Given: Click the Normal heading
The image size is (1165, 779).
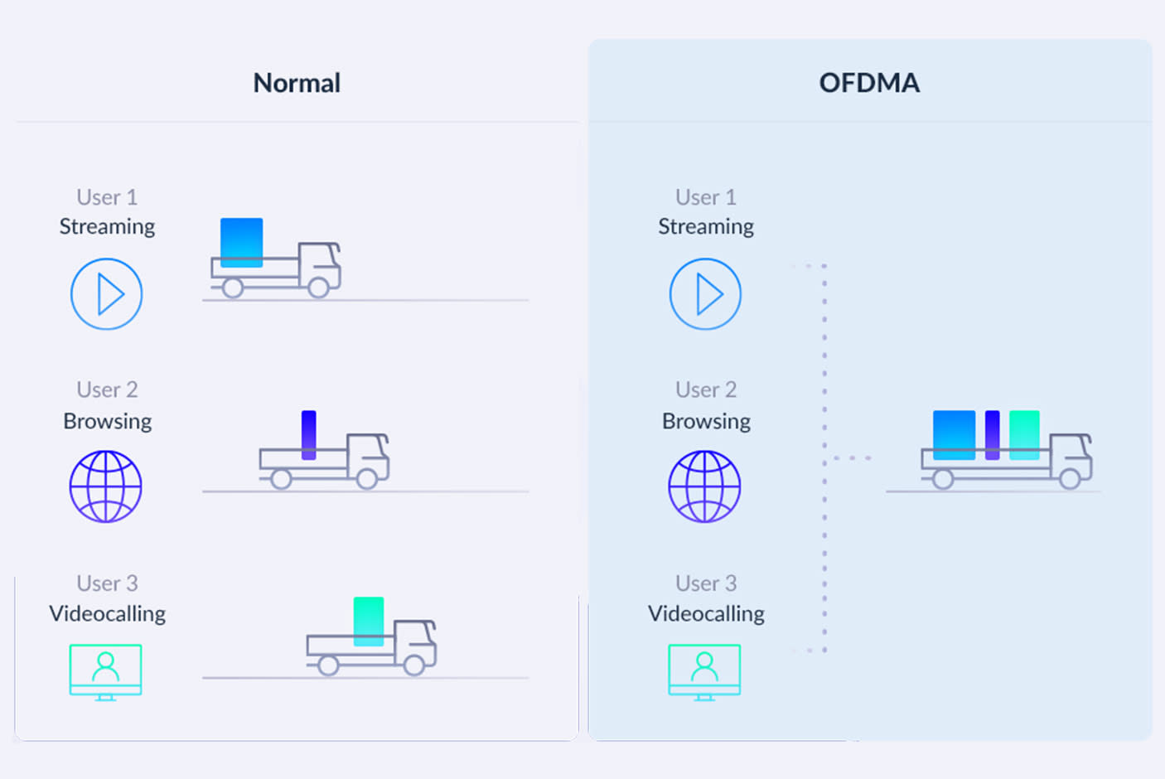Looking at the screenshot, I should [x=297, y=83].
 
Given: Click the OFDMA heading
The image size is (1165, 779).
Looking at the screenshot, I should [x=869, y=83].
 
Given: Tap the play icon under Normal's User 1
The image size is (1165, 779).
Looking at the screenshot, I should [x=107, y=294].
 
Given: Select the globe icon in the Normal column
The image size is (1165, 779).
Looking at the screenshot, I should [x=106, y=486].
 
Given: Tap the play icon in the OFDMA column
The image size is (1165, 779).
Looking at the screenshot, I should [x=705, y=294].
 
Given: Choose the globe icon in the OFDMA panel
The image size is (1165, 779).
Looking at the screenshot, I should [x=704, y=486].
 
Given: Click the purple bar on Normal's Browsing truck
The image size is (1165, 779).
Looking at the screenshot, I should [x=309, y=434].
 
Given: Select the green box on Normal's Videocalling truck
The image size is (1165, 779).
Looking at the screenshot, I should [x=369, y=621].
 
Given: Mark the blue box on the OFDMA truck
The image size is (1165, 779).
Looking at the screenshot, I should [x=954, y=434].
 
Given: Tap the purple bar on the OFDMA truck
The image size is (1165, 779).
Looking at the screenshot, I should [x=992, y=434].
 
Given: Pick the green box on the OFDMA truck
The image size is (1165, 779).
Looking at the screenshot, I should [x=1024, y=434].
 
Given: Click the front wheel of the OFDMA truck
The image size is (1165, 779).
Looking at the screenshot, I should [x=1070, y=478].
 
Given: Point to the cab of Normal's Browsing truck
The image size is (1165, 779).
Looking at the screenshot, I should [x=368, y=454].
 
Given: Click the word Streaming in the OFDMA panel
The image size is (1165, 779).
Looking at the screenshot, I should [x=706, y=226].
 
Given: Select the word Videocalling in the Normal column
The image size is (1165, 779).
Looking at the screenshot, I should [x=107, y=613].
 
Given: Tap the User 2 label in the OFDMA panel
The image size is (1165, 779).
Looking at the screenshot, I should [x=706, y=389].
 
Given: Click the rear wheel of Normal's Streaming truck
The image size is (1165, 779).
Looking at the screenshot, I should [x=233, y=288].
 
